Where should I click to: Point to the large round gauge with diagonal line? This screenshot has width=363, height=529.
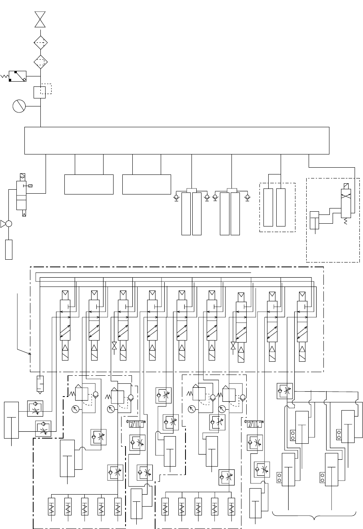tap(19, 106)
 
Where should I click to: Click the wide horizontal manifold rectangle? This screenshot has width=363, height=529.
tap(177, 140)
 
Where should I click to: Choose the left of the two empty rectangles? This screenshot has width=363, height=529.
tap(89, 184)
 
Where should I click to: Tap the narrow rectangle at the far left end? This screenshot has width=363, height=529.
tap(9, 249)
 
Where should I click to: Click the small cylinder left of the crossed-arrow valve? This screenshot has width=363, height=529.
tap(315, 220)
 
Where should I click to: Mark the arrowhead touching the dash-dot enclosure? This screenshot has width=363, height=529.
tap(30, 354)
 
